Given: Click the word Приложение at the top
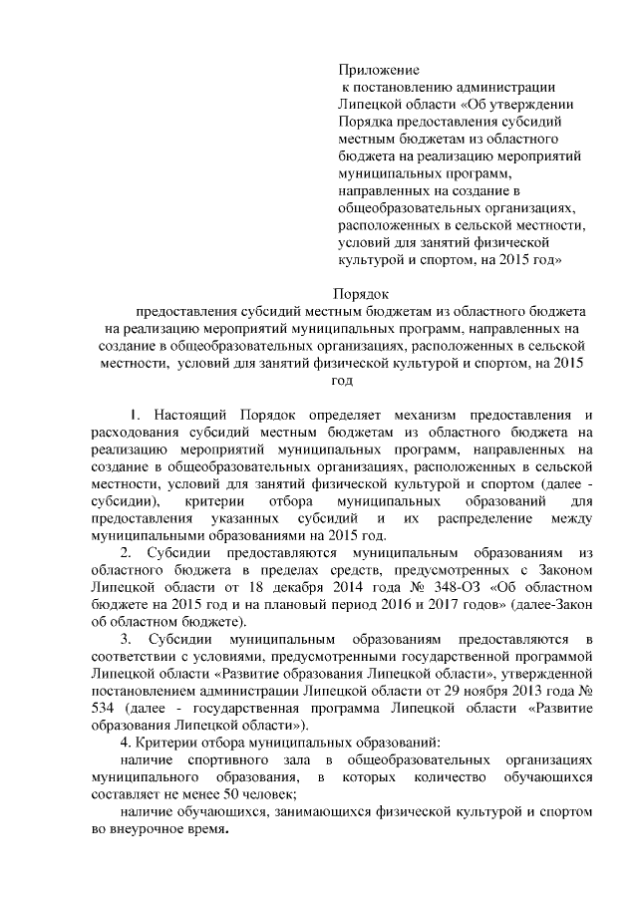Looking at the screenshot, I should click(379, 70).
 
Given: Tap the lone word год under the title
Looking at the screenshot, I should click(342, 380).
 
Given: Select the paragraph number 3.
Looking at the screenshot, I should click(126, 639).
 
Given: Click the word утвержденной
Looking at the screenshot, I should click(549, 674).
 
